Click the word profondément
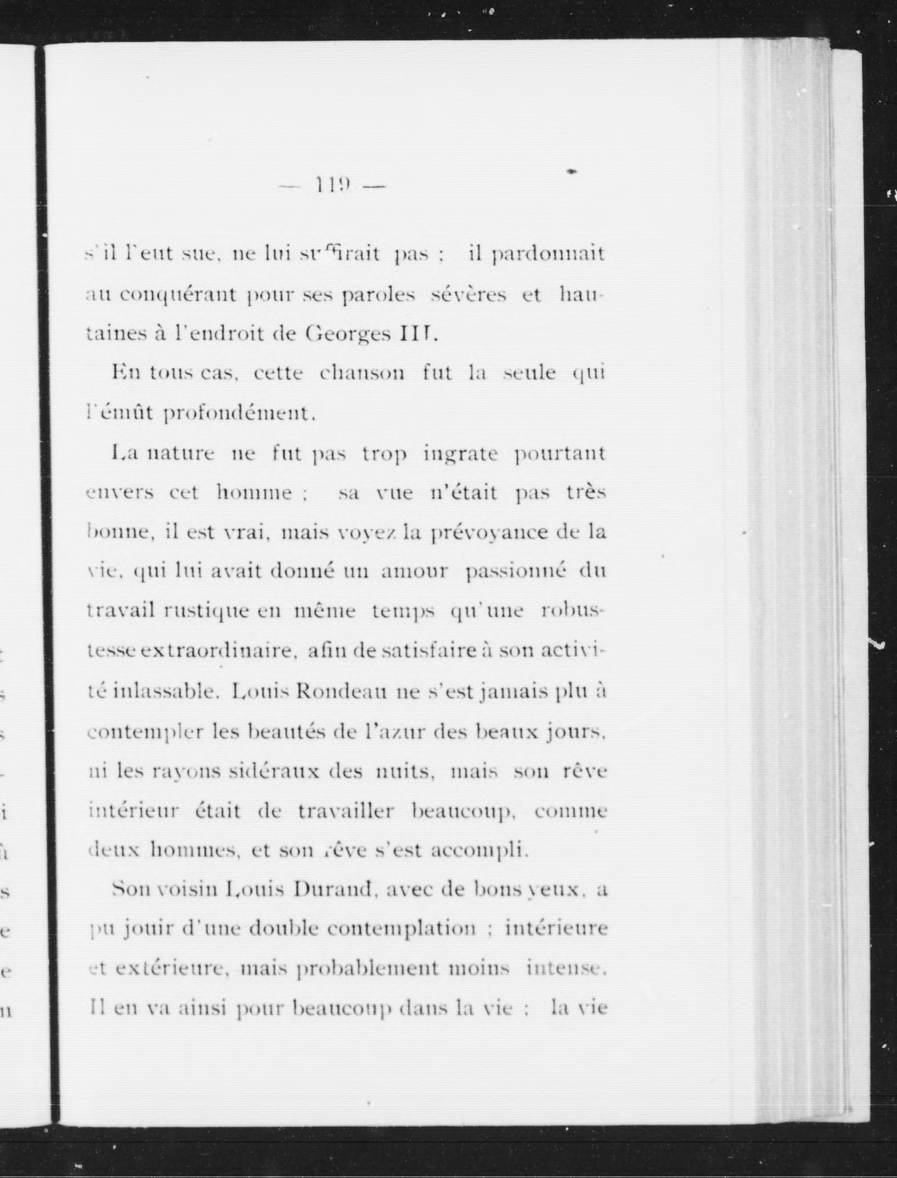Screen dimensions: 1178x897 237,413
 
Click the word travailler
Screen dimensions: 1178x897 345,811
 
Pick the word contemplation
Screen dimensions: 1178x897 402,930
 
